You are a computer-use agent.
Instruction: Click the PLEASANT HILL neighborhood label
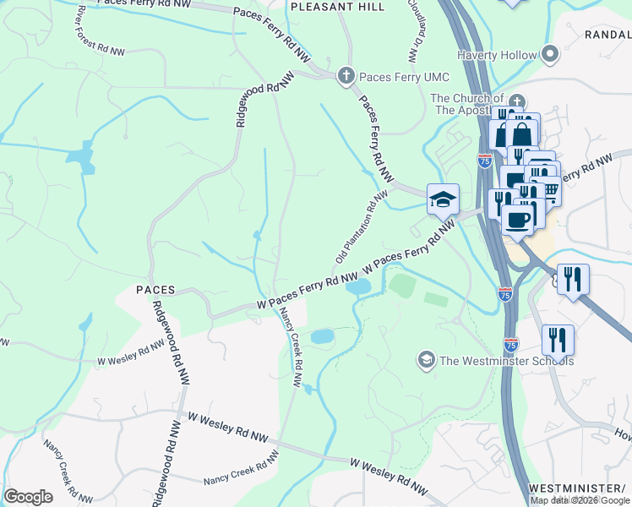337,7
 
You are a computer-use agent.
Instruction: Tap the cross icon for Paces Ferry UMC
346,77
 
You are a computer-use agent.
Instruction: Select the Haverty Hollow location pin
551,55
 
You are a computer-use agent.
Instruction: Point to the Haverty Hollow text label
497,56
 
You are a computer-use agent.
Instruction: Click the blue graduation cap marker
443,200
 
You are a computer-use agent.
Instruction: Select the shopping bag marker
523,134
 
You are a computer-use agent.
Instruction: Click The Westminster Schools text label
506,362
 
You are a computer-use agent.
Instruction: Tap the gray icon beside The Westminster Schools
427,361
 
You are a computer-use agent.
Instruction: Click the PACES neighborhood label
155,290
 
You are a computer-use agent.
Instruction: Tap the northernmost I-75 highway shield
485,161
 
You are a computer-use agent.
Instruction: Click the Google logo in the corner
28,497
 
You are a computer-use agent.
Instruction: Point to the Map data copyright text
580,500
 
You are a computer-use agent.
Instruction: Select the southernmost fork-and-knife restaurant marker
557,340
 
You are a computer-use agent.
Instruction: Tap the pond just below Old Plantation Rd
358,287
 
